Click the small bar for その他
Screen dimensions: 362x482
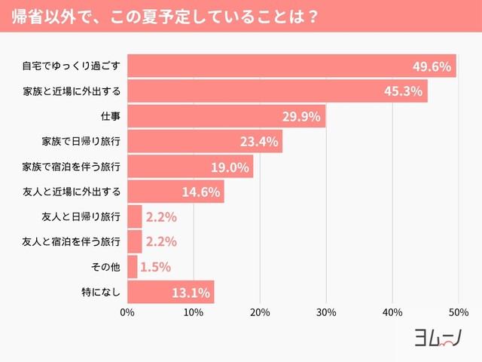point(133,266)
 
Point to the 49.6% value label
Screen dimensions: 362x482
point(432,66)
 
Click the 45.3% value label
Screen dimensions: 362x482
point(403,91)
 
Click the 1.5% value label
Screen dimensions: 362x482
point(156,267)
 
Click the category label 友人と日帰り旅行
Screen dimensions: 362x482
point(81,217)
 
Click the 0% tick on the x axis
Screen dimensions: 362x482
point(127,312)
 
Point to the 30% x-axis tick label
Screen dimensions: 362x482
point(326,312)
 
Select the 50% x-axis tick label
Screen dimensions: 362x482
point(459,312)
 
